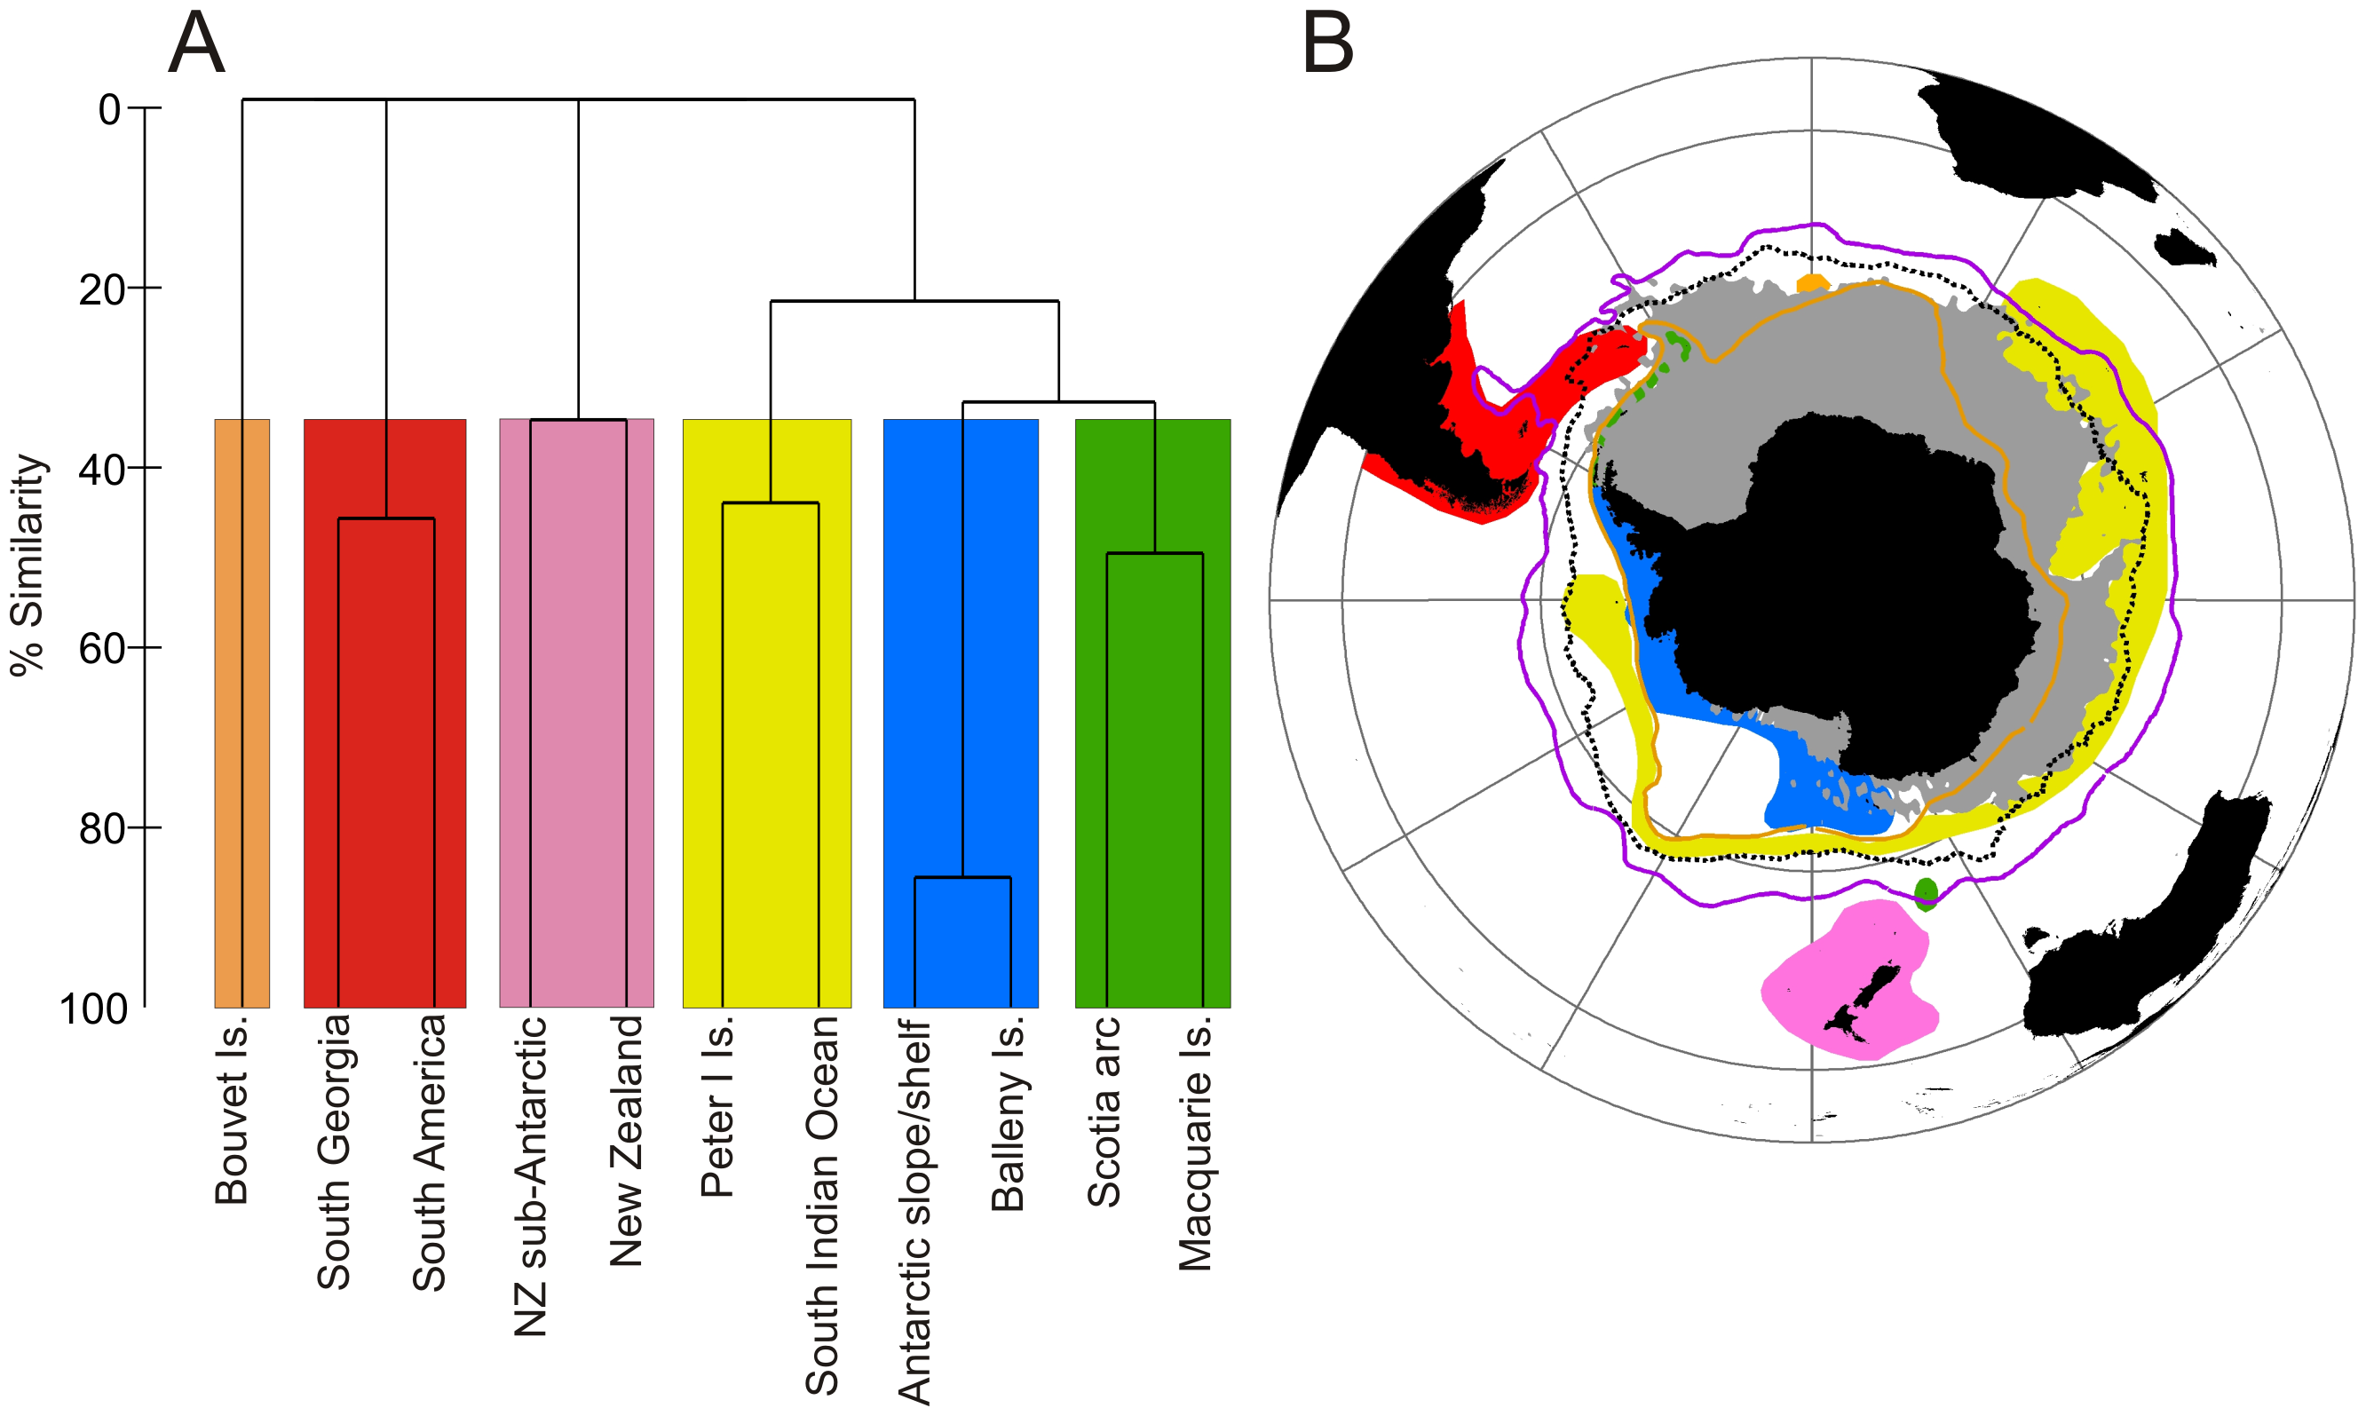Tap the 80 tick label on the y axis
tap(103, 828)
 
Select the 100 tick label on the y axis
tap(93, 1009)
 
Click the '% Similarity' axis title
tap(28, 565)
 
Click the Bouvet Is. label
tap(232, 1109)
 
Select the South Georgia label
tap(334, 1151)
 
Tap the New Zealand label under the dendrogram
tap(627, 1140)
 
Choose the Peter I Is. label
tap(717, 1106)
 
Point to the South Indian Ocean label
tap(822, 1204)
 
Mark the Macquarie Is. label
tap(1194, 1143)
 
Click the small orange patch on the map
tap(1812, 283)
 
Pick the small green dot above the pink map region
tap(1927, 893)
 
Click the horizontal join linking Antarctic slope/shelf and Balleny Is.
tap(962, 877)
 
